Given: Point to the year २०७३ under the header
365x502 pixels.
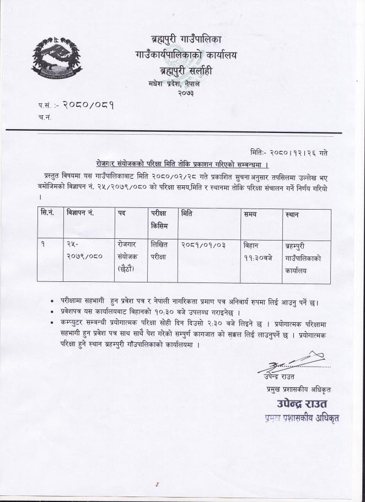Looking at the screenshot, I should pos(185,94).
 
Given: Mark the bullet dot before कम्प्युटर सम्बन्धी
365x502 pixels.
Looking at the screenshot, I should pos(52,321).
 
